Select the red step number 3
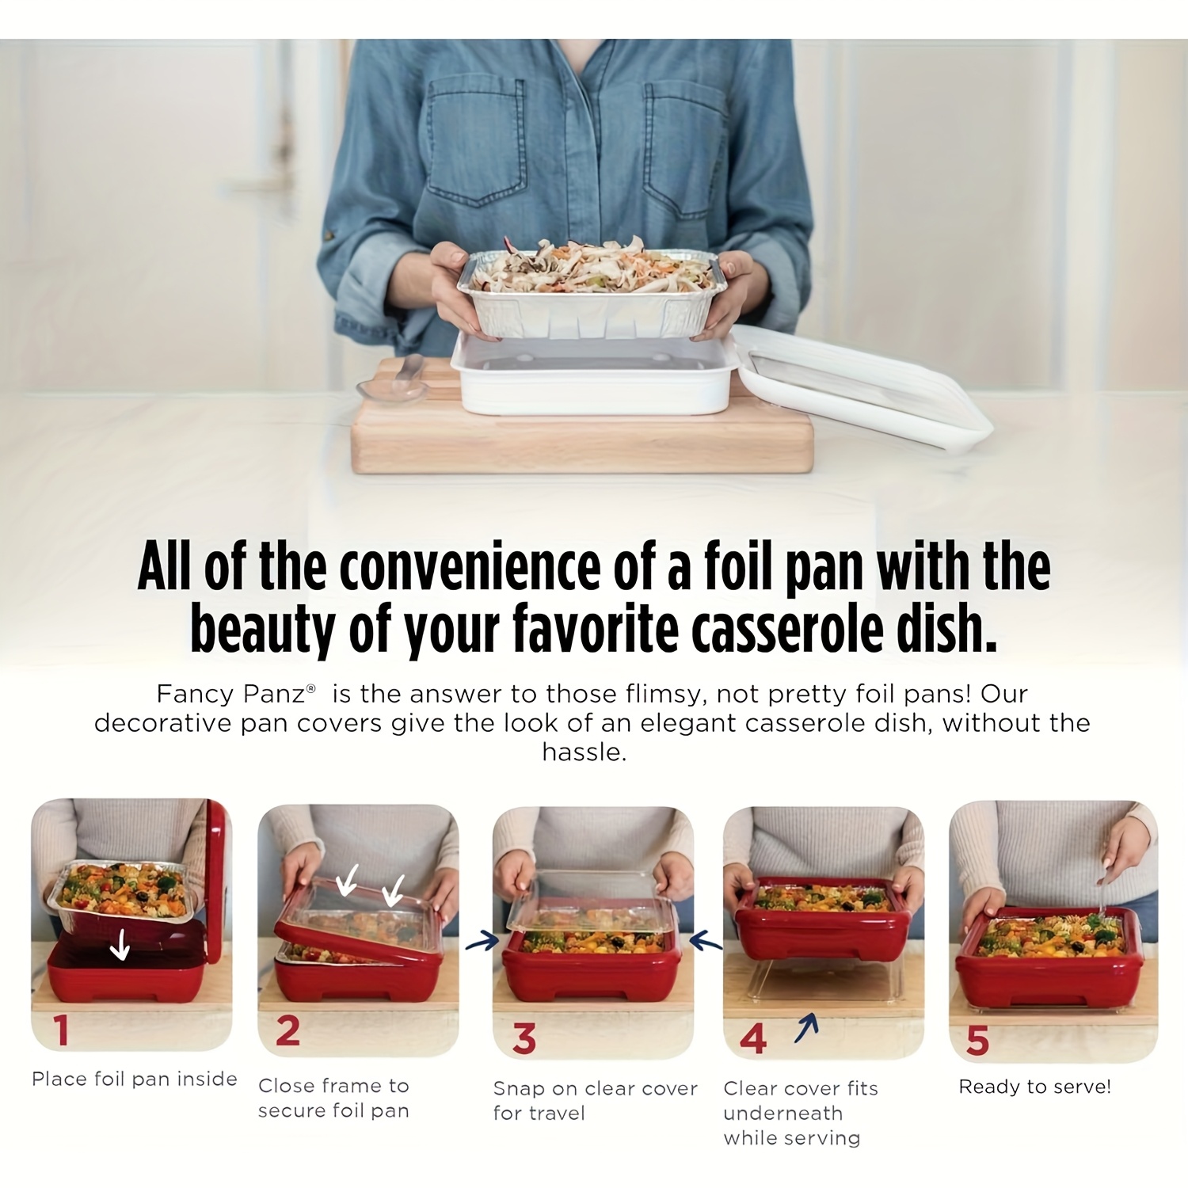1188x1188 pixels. coord(524,1038)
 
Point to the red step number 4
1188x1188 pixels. coord(752,1038)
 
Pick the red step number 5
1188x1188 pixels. coord(977,1040)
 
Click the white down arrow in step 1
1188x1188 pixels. coord(120,944)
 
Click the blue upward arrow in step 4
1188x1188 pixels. coord(807,1027)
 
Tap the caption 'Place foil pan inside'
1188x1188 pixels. coord(135,1079)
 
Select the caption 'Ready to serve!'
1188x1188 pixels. coord(1035,1087)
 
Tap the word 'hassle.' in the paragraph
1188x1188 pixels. coord(584,752)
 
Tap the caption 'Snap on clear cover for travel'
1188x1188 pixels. coord(596,1101)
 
